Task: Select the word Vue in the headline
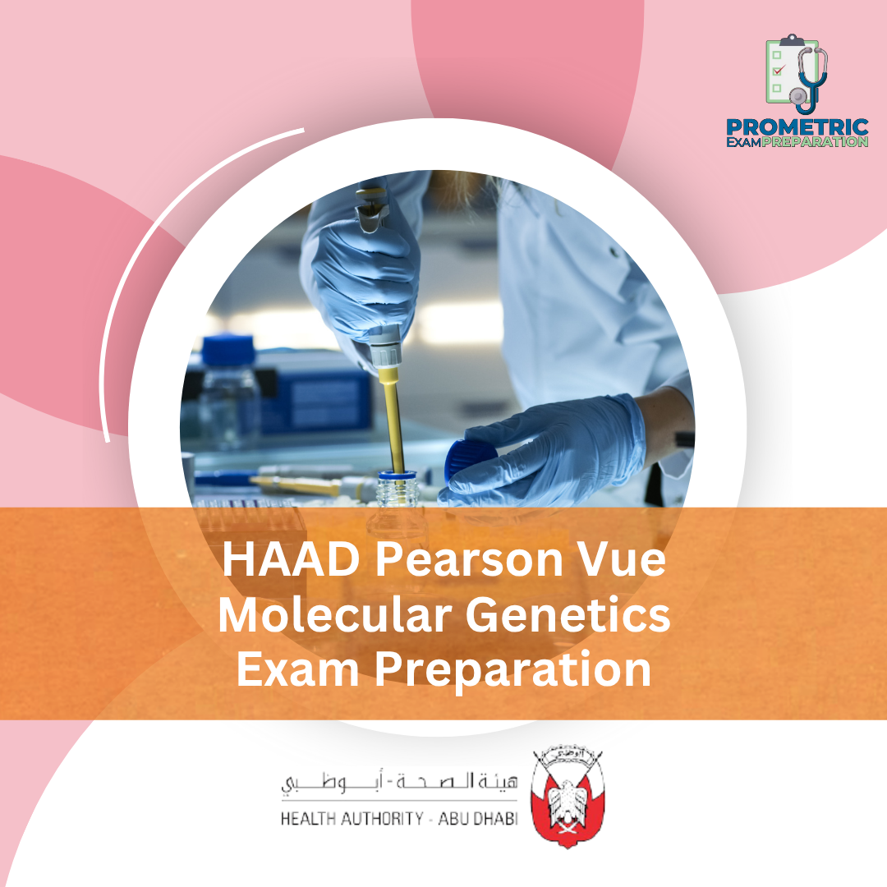coord(622,563)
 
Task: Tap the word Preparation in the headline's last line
coord(509,671)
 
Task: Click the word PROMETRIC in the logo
coord(797,127)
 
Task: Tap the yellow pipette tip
coord(393,419)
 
